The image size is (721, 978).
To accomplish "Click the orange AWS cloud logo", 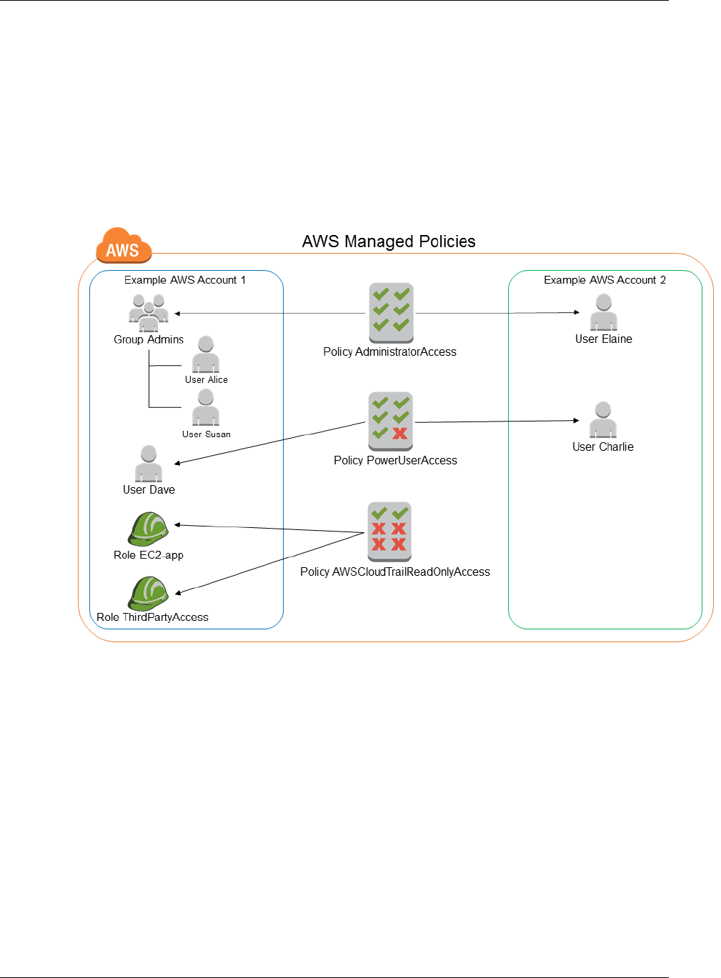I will (124, 246).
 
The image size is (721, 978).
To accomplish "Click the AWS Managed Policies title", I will (389, 241).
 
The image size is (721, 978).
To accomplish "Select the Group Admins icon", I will (149, 313).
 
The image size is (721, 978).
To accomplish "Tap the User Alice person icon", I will (206, 354).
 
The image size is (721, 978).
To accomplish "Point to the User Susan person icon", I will (206, 408).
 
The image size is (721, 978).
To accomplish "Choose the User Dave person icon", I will (149, 464).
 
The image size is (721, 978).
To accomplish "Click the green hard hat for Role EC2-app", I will (149, 529).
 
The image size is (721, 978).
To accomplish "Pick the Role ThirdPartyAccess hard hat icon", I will (149, 593).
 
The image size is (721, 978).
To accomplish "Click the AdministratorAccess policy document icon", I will (391, 312).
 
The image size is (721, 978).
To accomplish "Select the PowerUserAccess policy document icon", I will (390, 421).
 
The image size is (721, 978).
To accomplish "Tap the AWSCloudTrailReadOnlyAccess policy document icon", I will (389, 531).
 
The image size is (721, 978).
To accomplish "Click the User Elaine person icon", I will (604, 312).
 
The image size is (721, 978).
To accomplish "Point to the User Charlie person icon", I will (603, 420).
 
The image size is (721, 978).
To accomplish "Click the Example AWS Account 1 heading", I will (185, 280).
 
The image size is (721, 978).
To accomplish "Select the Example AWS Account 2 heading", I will (605, 280).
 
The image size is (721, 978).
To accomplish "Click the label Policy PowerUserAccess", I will (395, 461).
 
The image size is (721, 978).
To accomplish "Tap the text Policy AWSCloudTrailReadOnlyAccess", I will (395, 572).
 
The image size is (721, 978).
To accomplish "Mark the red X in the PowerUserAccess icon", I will (400, 433).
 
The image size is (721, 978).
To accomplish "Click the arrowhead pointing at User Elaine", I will (577, 312).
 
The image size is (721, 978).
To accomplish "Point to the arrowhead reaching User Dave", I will (177, 464).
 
